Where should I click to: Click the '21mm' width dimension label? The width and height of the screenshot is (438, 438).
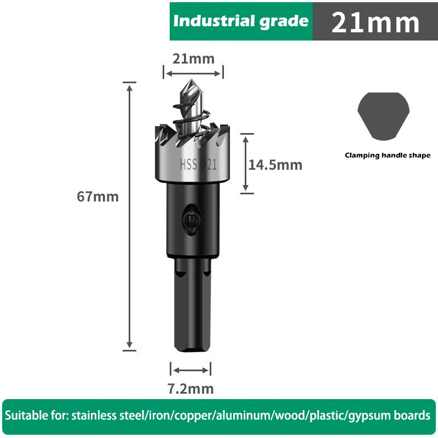tap(193, 59)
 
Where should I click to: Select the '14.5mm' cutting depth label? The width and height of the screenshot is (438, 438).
tap(275, 165)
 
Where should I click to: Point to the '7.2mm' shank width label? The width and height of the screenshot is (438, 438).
tap(190, 389)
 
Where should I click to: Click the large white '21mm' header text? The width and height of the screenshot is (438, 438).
tap(375, 22)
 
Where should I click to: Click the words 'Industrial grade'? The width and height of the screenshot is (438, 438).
tap(241, 21)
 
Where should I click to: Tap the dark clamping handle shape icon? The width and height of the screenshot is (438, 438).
tap(383, 116)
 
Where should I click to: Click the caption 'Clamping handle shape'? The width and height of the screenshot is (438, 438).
tap(388, 155)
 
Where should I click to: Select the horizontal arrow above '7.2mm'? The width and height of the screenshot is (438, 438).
tap(190, 370)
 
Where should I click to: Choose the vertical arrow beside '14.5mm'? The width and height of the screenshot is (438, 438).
tap(246, 163)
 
